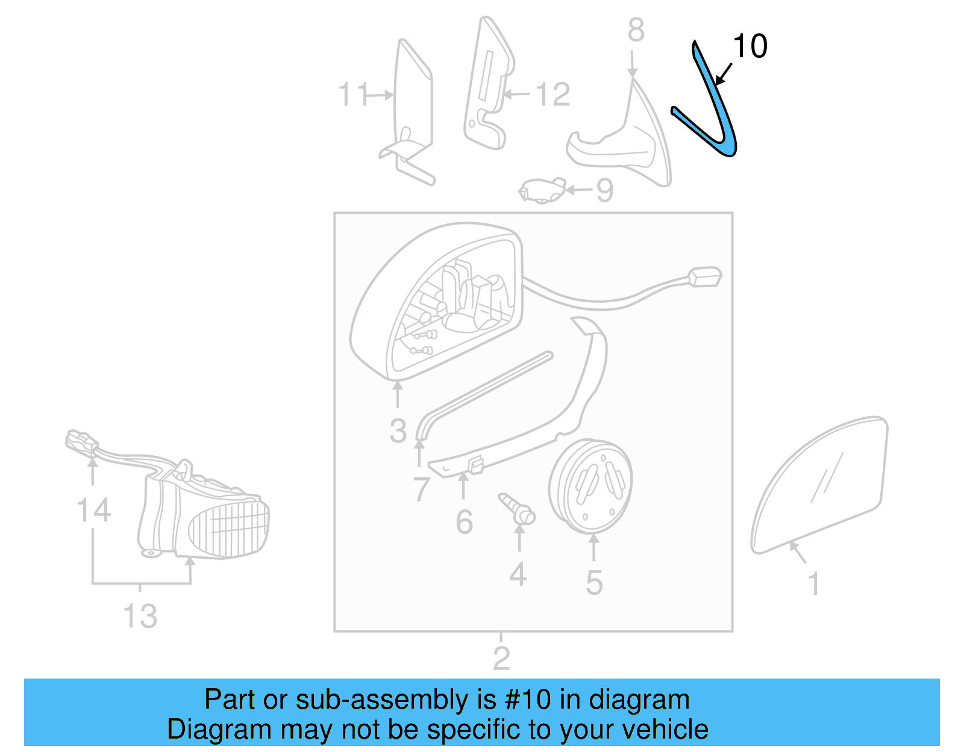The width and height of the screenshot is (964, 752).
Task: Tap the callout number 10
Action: coord(750,46)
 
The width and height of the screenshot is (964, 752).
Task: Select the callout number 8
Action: coord(636,30)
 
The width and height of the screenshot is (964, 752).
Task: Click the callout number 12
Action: coord(552,95)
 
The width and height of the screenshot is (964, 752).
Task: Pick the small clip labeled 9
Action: coord(542,191)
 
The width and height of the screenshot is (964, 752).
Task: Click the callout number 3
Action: coord(398,431)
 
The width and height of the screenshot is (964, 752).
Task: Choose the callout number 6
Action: coord(464,522)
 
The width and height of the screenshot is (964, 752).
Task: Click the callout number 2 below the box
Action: coord(501,658)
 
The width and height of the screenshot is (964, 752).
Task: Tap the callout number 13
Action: coord(140,616)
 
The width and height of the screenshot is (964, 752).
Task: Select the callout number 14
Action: coord(93,511)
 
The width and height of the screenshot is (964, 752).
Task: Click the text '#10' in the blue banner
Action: coord(528,700)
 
